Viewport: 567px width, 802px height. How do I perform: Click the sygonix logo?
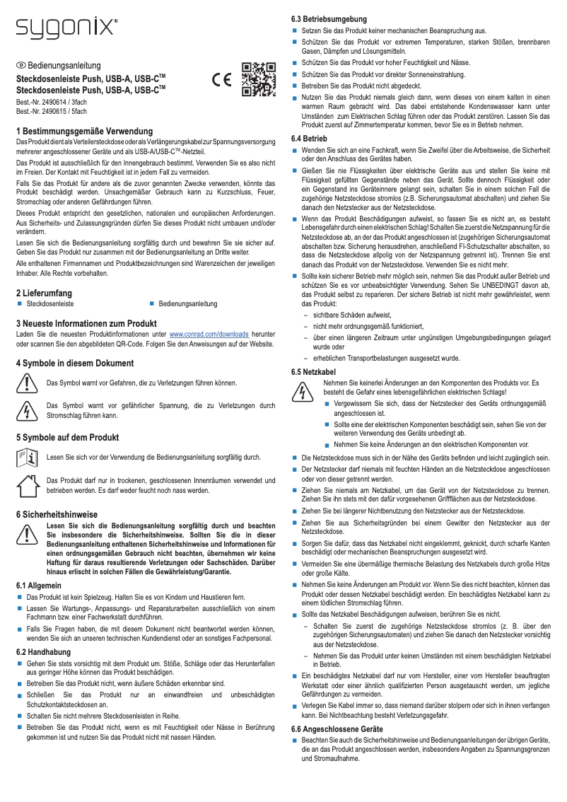(x=67, y=28)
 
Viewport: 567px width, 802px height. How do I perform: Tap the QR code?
(x=258, y=79)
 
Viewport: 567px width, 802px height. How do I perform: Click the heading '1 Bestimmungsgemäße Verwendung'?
(x=85, y=132)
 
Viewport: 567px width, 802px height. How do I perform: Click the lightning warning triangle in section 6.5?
(x=302, y=390)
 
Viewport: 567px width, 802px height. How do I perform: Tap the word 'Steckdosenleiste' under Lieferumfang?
(x=50, y=303)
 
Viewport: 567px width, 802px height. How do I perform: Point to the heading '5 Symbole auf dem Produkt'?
(x=67, y=437)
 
